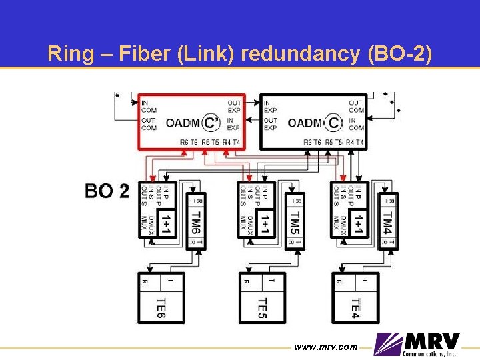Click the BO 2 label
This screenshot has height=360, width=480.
click(107, 191)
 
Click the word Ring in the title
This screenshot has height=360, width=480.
click(67, 53)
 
